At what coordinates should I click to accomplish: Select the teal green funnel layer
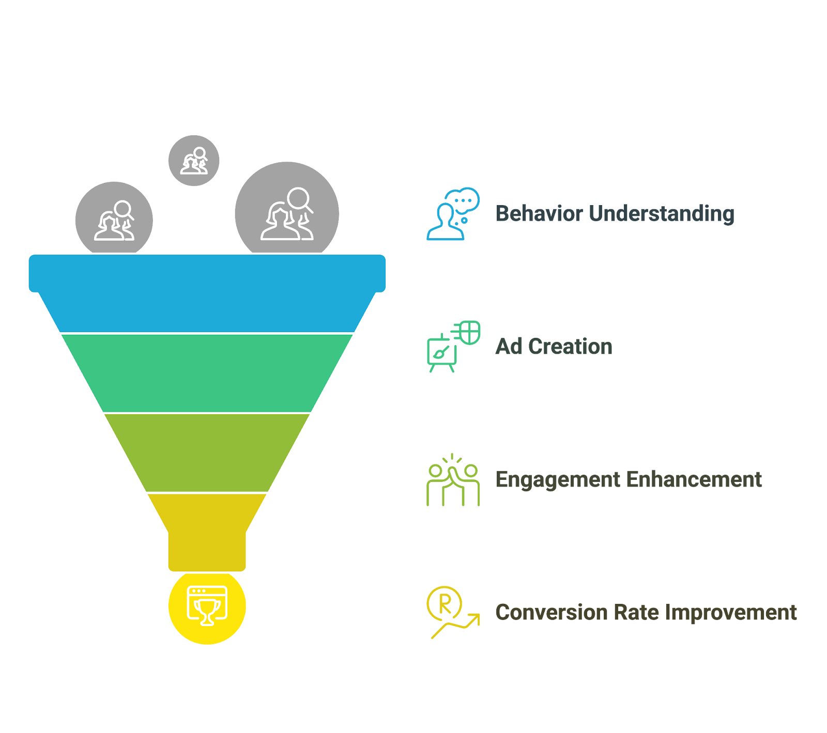click(207, 373)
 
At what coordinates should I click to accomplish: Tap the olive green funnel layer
click(207, 453)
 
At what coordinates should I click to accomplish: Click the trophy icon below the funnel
click(207, 606)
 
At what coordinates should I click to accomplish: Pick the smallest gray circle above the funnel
click(194, 161)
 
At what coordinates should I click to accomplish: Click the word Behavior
click(539, 214)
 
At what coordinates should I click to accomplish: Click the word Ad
click(509, 347)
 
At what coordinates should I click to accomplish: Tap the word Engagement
click(558, 480)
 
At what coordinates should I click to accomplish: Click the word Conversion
click(551, 613)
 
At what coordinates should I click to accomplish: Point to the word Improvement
click(731, 613)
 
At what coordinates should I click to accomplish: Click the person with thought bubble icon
click(453, 214)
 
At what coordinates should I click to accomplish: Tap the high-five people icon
click(453, 480)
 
